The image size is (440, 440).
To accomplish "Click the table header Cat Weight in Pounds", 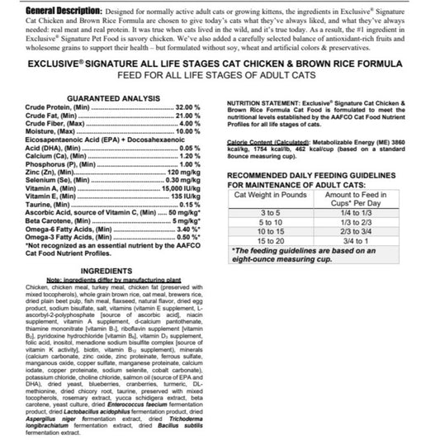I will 270,193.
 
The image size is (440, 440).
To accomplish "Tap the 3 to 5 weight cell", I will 270,213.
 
